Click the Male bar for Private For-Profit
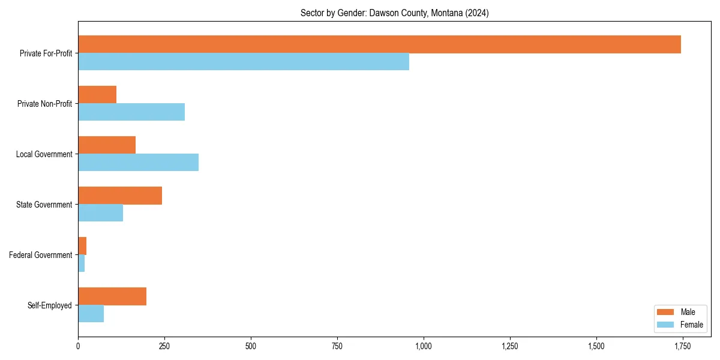pyautogui.click(x=379, y=44)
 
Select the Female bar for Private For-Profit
pyautogui.click(x=244, y=62)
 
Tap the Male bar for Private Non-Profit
pyautogui.click(x=97, y=95)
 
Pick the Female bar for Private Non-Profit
pyautogui.click(x=131, y=112)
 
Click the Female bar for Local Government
pyautogui.click(x=138, y=163)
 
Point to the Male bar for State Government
pyautogui.click(x=120, y=196)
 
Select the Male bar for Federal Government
pyautogui.click(x=82, y=246)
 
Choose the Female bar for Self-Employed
pyautogui.click(x=91, y=314)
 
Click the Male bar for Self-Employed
pyautogui.click(x=112, y=296)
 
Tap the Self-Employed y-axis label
pyautogui.click(x=50, y=305)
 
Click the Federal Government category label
pyautogui.click(x=41, y=255)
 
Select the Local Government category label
pyautogui.click(x=44, y=154)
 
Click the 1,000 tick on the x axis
pyautogui.click(x=424, y=346)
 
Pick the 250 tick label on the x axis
pyautogui.click(x=164, y=346)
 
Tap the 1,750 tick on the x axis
pyautogui.click(x=683, y=346)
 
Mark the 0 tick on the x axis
pyautogui.click(x=78, y=346)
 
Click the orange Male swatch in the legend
pyautogui.click(x=665, y=312)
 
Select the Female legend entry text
pyautogui.click(x=691, y=325)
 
